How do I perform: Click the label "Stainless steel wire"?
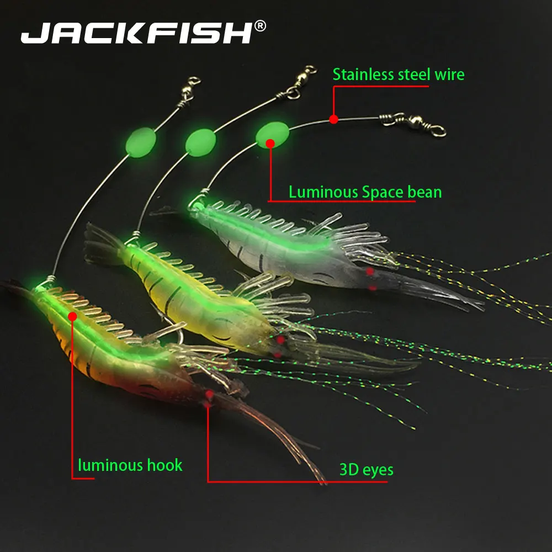click(x=398, y=74)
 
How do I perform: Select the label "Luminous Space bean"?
click(x=365, y=192)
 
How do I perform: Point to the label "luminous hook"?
click(x=130, y=465)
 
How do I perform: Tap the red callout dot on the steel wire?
click(x=333, y=119)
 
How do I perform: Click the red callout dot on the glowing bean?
click(x=270, y=144)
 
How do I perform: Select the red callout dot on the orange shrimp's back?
click(x=72, y=316)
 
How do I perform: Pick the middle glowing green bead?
click(x=200, y=141)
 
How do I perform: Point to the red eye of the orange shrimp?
click(x=209, y=395)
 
